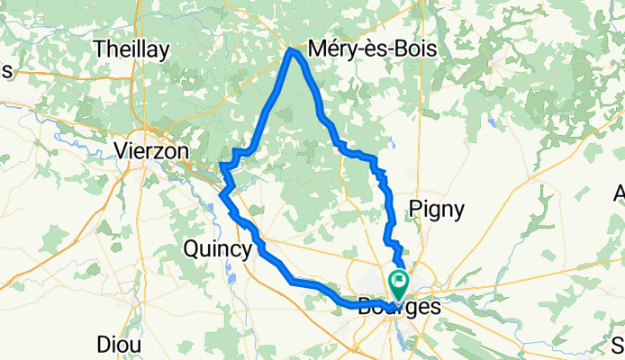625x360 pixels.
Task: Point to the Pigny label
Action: [437, 210]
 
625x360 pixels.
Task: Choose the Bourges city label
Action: [400, 307]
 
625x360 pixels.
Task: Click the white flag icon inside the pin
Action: [397, 281]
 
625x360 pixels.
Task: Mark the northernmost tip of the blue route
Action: [291, 51]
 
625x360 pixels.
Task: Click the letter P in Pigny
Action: [416, 210]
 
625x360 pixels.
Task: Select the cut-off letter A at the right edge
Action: [620, 193]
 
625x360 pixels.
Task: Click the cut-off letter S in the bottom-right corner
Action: [620, 345]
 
